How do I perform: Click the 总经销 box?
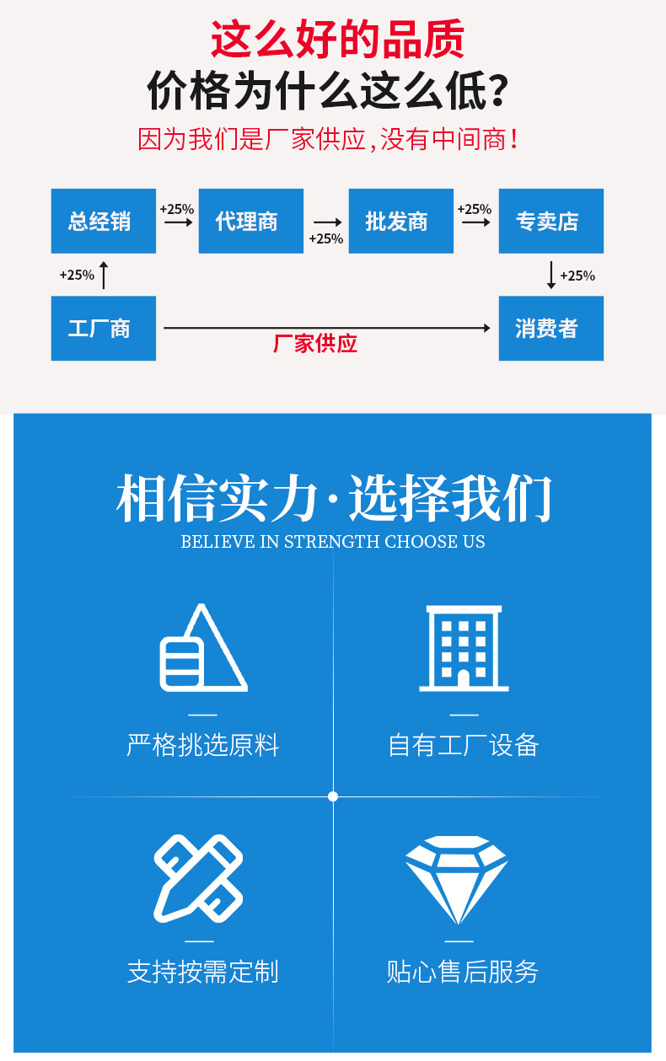[x=103, y=221]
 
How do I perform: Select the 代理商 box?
[x=251, y=221]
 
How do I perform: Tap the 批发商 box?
[x=400, y=221]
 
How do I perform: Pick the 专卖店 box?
[x=551, y=221]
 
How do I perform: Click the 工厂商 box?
[x=103, y=329]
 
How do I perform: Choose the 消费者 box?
[x=551, y=329]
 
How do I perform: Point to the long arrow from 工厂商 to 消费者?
[x=327, y=327]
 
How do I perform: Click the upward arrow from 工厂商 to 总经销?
[x=104, y=275]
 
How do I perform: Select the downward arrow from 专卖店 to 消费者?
[x=551, y=275]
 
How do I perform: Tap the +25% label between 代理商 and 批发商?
[x=326, y=238]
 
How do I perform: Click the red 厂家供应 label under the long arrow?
[x=315, y=343]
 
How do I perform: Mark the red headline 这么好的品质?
[x=337, y=39]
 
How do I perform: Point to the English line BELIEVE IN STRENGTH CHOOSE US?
[x=333, y=541]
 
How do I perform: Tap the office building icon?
[x=464, y=648]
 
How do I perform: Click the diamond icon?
[x=457, y=880]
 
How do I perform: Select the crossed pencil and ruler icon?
[x=198, y=879]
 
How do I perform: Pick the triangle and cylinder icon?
[x=204, y=647]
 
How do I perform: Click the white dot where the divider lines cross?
[x=333, y=796]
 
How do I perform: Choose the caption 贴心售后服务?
[x=462, y=972]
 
